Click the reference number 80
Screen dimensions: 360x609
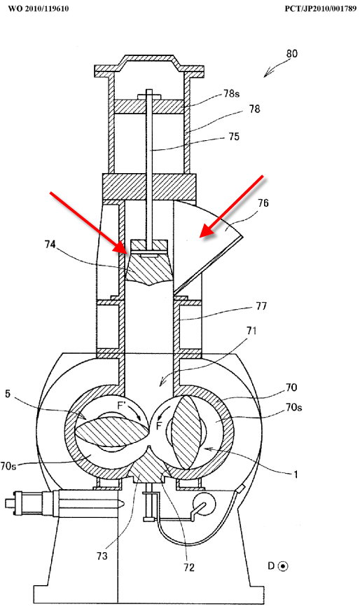click(291, 53)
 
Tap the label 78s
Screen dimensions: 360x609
click(231, 94)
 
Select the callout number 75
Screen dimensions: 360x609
click(234, 137)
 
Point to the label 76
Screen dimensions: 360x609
click(263, 203)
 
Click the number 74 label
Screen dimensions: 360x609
click(50, 245)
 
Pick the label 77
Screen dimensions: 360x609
click(261, 306)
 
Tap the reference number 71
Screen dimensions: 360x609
click(251, 331)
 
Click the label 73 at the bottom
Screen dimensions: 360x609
click(102, 556)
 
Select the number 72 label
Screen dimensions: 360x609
click(188, 568)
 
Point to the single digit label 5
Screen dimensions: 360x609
click(8, 394)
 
